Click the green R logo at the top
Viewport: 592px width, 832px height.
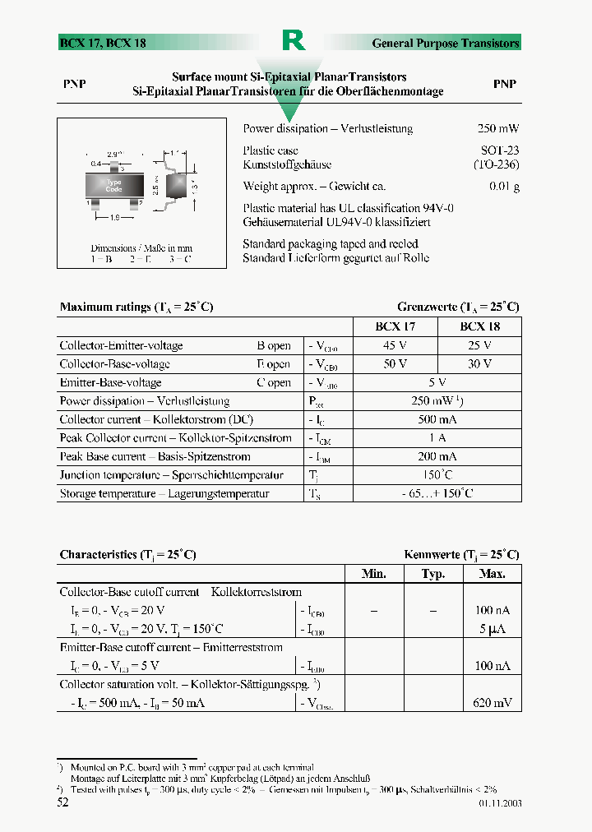click(x=294, y=41)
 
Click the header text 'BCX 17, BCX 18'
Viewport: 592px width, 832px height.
click(x=103, y=43)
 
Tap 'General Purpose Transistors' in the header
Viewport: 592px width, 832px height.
click(x=446, y=43)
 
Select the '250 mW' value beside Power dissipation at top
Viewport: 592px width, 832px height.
click(x=497, y=129)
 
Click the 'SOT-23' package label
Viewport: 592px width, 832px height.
click(x=500, y=150)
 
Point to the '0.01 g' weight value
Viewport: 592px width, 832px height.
click(x=504, y=187)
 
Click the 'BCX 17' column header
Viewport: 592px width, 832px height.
click(x=395, y=326)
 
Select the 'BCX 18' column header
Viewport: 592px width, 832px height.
click(x=479, y=326)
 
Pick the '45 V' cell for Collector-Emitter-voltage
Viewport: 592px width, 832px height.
click(x=395, y=345)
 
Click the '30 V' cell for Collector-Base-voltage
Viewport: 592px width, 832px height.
click(x=479, y=363)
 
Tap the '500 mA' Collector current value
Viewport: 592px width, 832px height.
click(x=437, y=419)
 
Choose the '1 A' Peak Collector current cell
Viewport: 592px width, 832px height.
click(x=437, y=438)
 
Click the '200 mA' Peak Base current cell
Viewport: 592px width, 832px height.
click(x=437, y=456)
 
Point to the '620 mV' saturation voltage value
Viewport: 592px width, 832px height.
click(x=493, y=703)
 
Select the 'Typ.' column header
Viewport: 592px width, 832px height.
click(x=433, y=574)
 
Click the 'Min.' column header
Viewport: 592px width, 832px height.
click(x=374, y=574)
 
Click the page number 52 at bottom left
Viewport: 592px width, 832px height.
click(x=63, y=802)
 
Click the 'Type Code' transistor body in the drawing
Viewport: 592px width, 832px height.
click(x=113, y=185)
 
